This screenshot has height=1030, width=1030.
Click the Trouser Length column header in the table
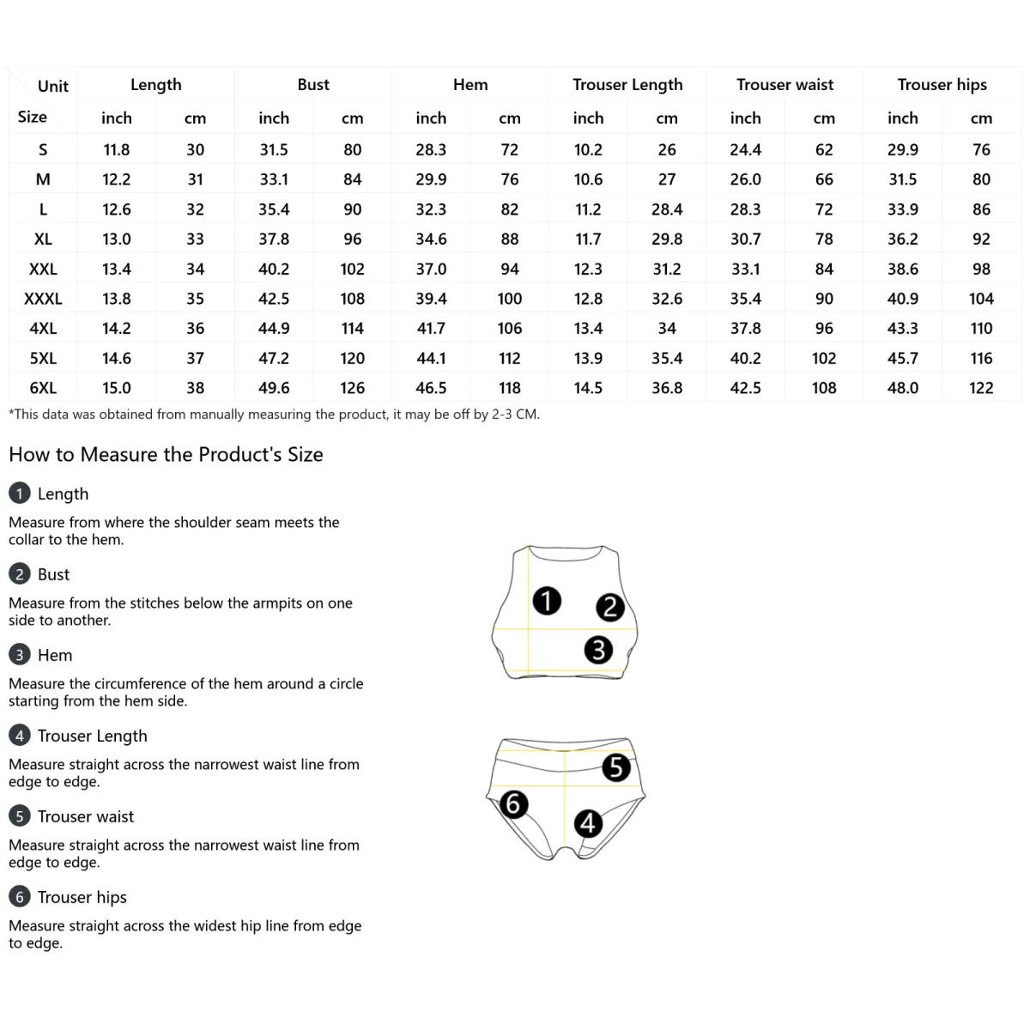pos(627,85)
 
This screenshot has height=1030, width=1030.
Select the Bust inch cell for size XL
pos(274,239)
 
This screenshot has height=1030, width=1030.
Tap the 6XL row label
pos(43,388)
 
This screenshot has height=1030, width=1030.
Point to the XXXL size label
pos(43,299)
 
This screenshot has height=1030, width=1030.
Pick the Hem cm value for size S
pos(510,150)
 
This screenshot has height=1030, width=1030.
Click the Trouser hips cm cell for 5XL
pos(981,359)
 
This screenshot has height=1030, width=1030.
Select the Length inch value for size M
pos(117,179)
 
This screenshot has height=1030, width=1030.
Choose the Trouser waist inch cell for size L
pos(745,209)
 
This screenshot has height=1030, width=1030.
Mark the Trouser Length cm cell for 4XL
pos(667,329)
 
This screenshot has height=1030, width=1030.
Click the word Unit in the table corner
pos(53,86)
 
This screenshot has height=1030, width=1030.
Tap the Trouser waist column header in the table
pos(785,85)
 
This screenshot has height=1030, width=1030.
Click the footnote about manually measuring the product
pos(274,415)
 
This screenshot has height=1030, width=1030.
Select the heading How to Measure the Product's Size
pos(166,455)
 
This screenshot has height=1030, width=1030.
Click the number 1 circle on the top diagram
pos(547,601)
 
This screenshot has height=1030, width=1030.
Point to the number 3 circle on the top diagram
pos(598,650)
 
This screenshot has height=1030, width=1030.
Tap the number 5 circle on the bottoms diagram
pos(616,766)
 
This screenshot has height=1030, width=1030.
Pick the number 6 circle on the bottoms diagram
pos(513,804)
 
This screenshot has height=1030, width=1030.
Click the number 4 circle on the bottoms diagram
pos(588,823)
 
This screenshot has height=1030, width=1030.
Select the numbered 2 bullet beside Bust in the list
pos(19,574)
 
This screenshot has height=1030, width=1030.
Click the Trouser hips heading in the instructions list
pos(82,897)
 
